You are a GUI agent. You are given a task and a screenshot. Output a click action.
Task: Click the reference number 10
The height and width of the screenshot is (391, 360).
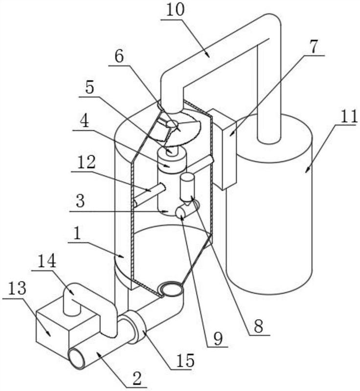[175, 10]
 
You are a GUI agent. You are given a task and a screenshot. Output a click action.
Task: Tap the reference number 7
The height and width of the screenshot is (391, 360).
[314, 46]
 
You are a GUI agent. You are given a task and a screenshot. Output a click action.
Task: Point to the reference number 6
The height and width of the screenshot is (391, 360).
[119, 57]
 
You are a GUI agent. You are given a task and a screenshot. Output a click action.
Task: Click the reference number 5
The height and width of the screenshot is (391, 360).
[90, 88]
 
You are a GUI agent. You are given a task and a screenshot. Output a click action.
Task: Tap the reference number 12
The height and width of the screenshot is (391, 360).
[86, 162]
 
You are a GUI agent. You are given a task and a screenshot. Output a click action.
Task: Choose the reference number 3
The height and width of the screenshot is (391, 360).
[80, 201]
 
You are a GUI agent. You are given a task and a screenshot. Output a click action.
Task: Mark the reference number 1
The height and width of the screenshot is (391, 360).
[77, 234]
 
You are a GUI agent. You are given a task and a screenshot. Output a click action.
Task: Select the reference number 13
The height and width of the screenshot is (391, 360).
[17, 288]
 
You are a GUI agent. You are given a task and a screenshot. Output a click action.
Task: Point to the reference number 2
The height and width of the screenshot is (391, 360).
[137, 378]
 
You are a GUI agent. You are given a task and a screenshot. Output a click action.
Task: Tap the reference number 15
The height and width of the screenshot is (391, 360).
[185, 360]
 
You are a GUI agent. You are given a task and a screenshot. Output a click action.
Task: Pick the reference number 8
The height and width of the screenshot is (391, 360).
[258, 326]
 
